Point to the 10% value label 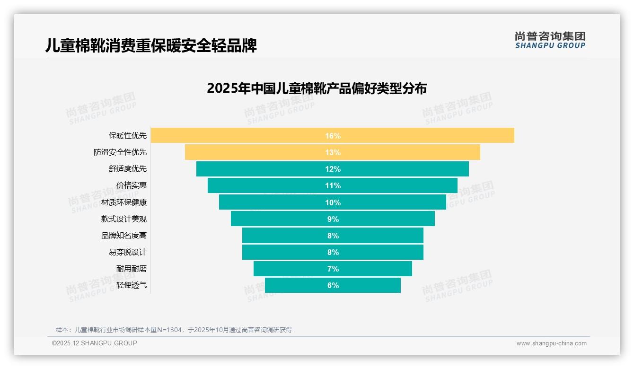tap(333, 202)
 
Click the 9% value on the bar tap(333, 219)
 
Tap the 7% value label tap(333, 269)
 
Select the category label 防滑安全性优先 tap(120, 152)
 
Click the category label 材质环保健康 tap(124, 202)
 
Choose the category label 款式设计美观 tap(124, 219)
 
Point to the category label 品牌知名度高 tap(124, 236)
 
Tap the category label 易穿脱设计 tap(128, 252)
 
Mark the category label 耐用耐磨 tap(132, 269)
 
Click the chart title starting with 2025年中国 tap(317, 88)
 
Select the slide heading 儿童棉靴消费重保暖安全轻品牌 tap(151, 46)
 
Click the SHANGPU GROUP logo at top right tap(550, 40)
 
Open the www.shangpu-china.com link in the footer tap(551, 343)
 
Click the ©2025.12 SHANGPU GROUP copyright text tap(95, 343)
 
